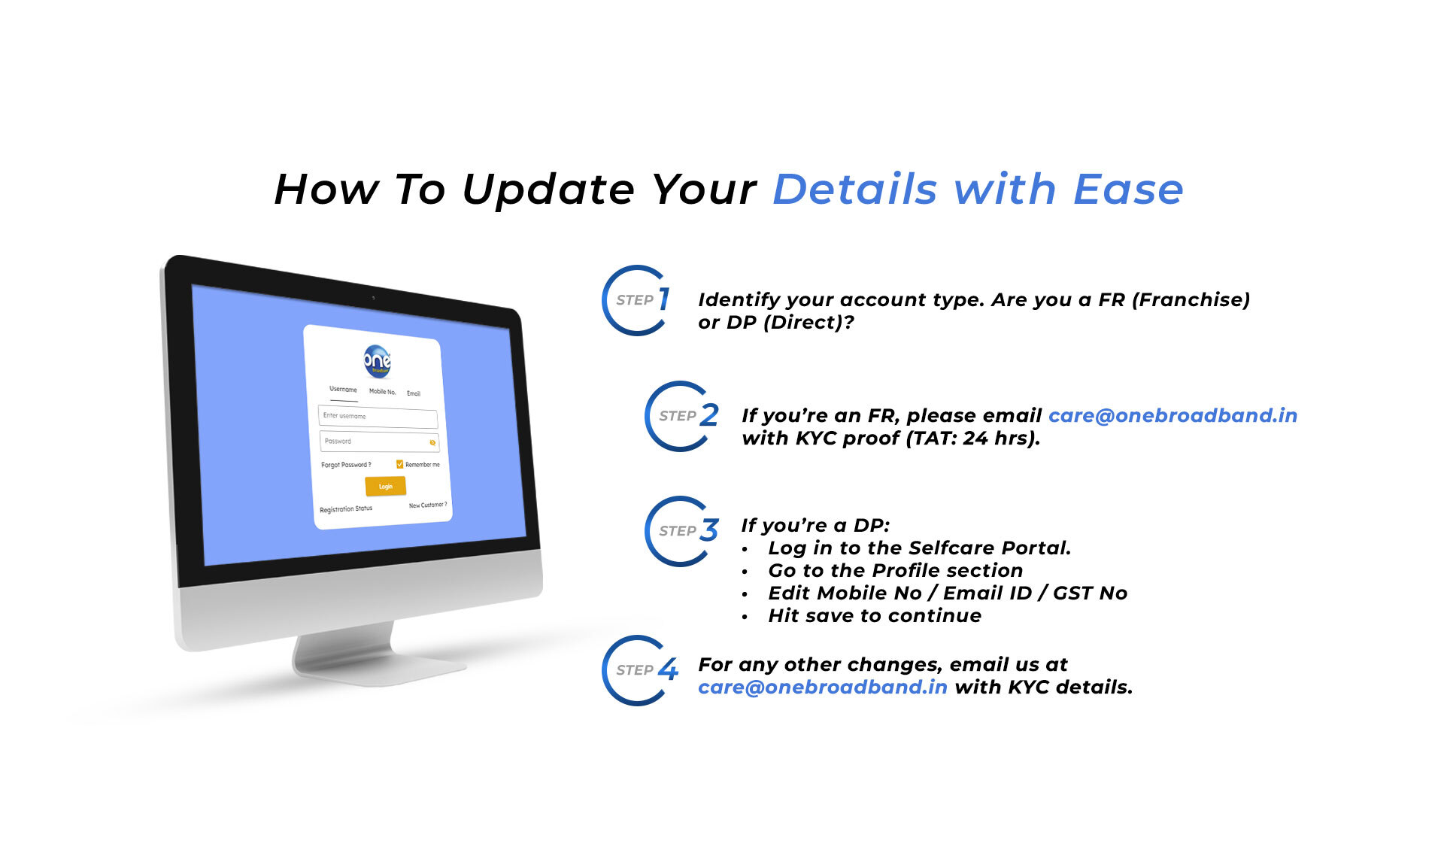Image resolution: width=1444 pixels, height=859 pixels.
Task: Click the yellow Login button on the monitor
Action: click(385, 486)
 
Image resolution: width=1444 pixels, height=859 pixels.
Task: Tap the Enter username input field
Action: click(378, 417)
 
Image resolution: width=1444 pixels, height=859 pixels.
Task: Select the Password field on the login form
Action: click(379, 442)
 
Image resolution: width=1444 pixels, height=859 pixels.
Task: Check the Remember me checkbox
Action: click(399, 464)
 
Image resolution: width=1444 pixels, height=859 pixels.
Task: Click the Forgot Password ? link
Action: click(346, 465)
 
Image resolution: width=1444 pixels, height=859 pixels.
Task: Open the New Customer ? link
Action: click(428, 505)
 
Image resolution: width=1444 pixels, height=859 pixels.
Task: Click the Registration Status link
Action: click(346, 509)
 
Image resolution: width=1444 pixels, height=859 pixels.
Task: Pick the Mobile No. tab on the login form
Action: click(382, 391)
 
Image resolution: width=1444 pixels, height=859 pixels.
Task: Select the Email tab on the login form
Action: click(414, 393)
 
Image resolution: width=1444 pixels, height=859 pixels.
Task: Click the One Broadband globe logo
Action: click(377, 361)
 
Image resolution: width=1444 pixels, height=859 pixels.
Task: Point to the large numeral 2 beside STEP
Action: click(708, 415)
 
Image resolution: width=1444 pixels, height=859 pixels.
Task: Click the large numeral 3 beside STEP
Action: click(708, 530)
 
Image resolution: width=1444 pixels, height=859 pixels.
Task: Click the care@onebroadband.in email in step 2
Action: click(1172, 416)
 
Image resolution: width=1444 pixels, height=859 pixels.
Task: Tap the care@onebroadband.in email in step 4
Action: click(823, 688)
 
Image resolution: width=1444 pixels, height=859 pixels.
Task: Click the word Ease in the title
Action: click(1128, 189)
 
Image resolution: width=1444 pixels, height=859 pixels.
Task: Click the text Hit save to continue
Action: click(875, 616)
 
